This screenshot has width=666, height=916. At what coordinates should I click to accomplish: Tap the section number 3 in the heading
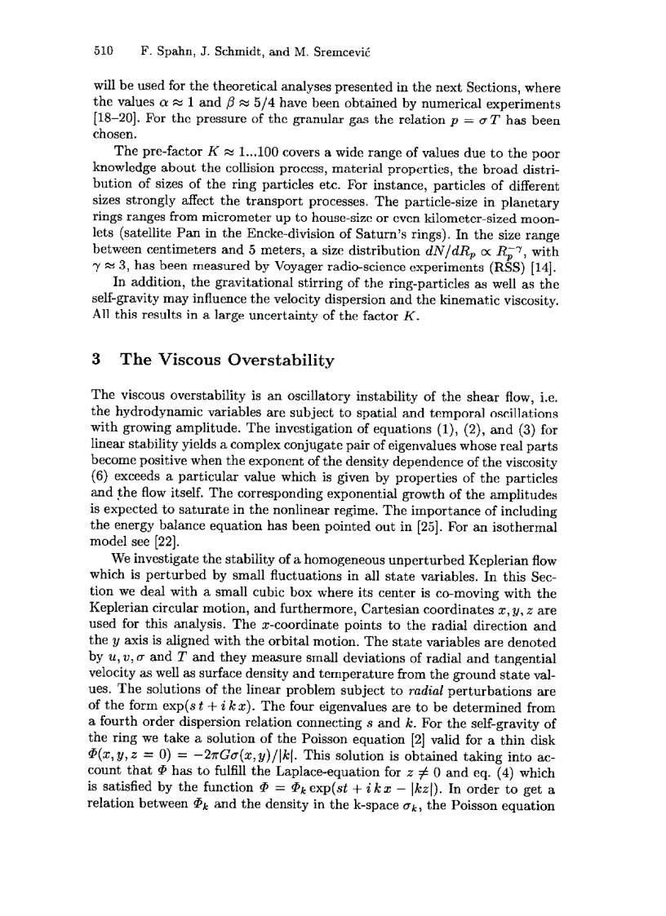point(96,360)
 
